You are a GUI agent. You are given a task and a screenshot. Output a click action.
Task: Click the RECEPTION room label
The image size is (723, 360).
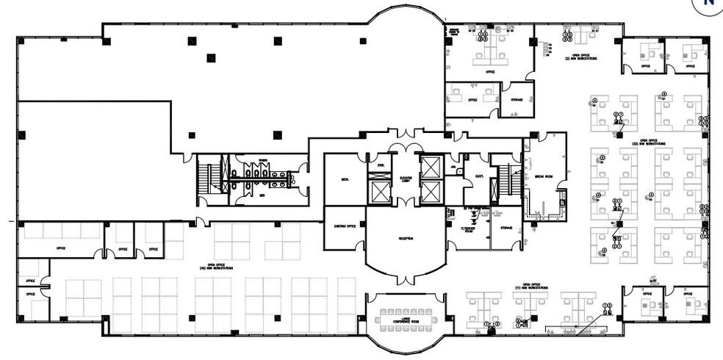[405, 238]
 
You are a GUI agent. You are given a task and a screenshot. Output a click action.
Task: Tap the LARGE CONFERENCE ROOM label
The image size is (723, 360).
[405, 301]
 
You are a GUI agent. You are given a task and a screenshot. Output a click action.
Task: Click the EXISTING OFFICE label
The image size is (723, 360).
[345, 226]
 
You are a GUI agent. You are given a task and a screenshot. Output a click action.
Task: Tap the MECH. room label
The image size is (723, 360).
[344, 179]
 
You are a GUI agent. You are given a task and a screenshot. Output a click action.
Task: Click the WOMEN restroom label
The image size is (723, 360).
[262, 161]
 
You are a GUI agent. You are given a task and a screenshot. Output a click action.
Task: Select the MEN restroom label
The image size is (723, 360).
[261, 196]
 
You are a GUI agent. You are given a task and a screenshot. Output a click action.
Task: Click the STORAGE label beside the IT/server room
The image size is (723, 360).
[506, 228]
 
